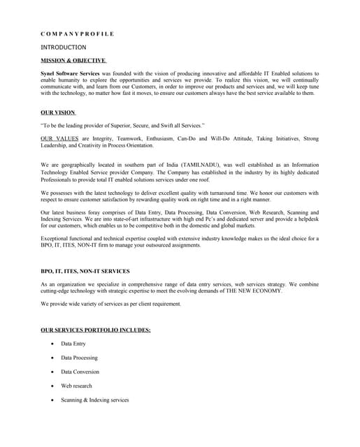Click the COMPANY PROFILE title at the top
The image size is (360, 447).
[77, 34]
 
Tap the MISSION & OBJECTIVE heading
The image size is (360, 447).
[73, 61]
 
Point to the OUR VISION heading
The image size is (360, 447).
[58, 112]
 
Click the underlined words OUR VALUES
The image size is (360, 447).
[59, 139]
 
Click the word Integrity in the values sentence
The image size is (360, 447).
[104, 139]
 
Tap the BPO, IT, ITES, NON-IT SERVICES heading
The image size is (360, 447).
[85, 271]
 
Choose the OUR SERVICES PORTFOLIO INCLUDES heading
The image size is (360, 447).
[96, 330]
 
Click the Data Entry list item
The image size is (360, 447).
[73, 344]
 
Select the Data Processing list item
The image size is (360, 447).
[79, 358]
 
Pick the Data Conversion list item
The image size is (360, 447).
[80, 372]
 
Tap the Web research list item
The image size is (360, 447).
[76, 386]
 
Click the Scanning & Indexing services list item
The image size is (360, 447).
[94, 400]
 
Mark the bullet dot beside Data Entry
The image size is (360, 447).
[52, 344]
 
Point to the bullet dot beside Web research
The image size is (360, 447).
[52, 386]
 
